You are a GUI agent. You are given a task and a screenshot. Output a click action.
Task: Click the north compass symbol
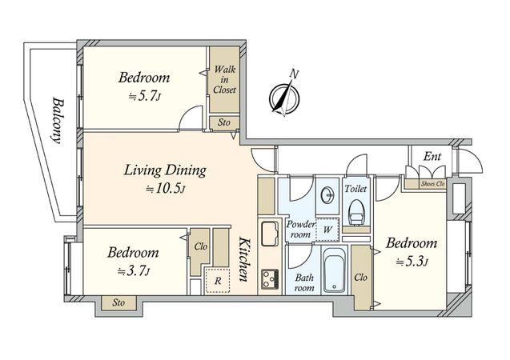click(x=284, y=97)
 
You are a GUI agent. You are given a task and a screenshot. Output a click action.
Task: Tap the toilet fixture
click(x=356, y=212)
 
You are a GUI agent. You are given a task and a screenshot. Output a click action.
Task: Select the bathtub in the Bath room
click(x=334, y=270)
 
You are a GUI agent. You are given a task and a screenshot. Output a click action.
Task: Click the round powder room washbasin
click(x=327, y=195)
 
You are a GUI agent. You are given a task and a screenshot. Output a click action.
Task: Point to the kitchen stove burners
click(x=270, y=279)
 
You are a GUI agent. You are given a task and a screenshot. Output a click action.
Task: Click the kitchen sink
click(x=270, y=234)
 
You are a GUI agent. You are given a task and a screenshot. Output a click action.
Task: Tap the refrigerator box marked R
click(x=218, y=280)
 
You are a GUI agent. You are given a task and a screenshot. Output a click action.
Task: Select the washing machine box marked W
click(x=327, y=230)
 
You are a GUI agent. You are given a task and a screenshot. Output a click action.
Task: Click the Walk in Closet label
click(x=224, y=79)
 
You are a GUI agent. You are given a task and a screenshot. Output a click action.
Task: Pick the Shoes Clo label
click(x=432, y=183)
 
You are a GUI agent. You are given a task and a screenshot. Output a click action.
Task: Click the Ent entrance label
click(x=432, y=157)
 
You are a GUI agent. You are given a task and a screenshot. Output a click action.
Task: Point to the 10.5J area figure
click(x=166, y=189)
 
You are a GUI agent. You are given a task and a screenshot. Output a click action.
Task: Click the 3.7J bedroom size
click(x=134, y=270)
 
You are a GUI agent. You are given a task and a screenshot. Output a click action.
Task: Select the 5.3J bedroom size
click(x=412, y=262)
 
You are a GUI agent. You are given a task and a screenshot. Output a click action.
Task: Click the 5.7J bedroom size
click(x=145, y=96)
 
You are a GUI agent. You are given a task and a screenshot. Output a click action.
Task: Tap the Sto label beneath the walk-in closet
click(x=224, y=122)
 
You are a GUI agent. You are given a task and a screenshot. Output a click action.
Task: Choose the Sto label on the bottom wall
click(x=118, y=303)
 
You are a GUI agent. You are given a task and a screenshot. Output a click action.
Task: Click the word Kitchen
click(x=245, y=259)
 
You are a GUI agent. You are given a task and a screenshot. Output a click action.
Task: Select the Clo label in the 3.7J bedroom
click(x=201, y=246)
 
